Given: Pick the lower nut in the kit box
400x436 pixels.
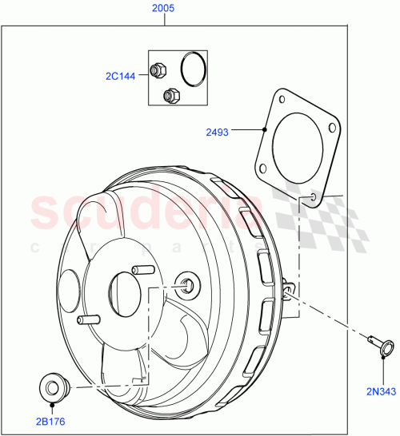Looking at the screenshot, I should point(169,96).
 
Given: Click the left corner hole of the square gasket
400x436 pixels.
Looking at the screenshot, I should point(261,167).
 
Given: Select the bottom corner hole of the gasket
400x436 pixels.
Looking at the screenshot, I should point(314,195).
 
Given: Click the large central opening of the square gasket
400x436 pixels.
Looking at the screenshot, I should point(297,147).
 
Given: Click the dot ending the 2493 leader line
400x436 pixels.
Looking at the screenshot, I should point(265,129).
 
